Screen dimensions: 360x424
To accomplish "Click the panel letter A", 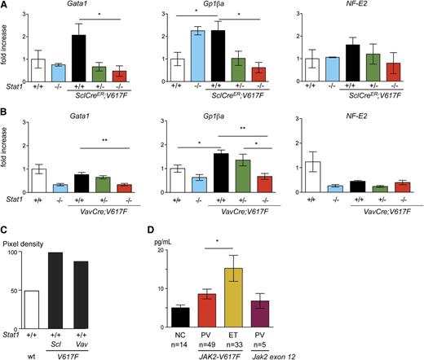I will click(x=5, y=6).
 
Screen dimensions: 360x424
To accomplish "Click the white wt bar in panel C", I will click(x=50, y=304).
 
